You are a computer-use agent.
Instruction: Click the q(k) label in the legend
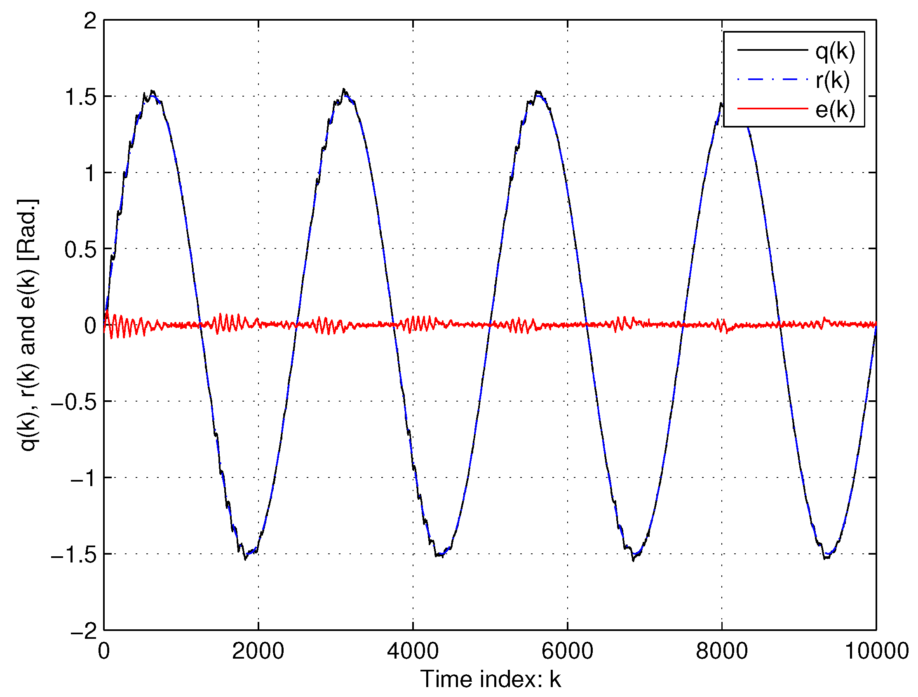835,52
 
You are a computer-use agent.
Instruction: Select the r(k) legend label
833,80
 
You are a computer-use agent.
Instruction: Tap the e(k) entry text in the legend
835,110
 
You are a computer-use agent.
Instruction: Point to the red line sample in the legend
772,109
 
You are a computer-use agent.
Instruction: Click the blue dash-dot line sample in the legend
772,79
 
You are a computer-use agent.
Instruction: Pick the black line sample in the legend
772,50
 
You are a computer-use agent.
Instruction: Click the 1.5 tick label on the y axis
80,97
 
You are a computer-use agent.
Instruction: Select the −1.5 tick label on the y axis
74,555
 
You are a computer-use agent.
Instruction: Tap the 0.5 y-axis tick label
80,250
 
